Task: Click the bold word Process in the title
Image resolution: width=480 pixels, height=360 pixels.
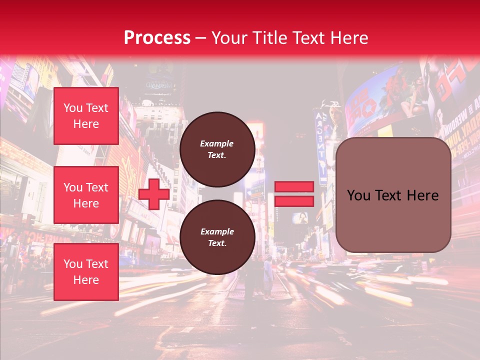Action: pyautogui.click(x=157, y=38)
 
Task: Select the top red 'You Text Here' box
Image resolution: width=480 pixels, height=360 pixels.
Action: pyautogui.click(x=86, y=116)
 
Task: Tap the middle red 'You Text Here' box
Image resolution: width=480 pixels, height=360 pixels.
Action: pyautogui.click(x=86, y=195)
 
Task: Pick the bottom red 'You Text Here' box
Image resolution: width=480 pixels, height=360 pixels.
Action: pyautogui.click(x=86, y=272)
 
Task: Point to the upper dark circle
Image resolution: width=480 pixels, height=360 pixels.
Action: pyautogui.click(x=217, y=149)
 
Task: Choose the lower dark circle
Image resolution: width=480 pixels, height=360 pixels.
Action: pyautogui.click(x=217, y=237)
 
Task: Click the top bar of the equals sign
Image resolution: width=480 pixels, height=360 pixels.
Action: pyautogui.click(x=294, y=186)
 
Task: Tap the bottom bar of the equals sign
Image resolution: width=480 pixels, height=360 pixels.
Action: pyautogui.click(x=294, y=201)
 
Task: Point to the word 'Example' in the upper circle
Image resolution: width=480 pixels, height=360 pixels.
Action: pyautogui.click(x=217, y=143)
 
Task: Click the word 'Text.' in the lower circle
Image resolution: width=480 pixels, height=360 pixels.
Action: pyautogui.click(x=217, y=243)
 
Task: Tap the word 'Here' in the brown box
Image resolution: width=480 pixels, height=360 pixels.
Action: pyautogui.click(x=422, y=195)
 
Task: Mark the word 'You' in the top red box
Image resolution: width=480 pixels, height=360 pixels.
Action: pyautogui.click(x=72, y=108)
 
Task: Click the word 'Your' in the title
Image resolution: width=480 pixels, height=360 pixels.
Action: pyautogui.click(x=228, y=38)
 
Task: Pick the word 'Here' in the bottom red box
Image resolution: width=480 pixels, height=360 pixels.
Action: pyautogui.click(x=86, y=280)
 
